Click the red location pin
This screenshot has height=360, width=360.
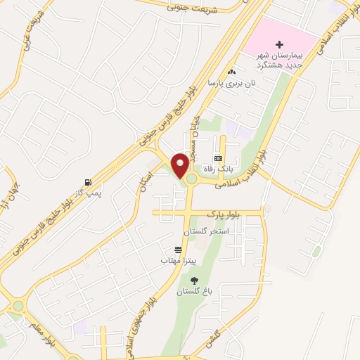180,165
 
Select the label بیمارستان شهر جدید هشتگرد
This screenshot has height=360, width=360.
278,60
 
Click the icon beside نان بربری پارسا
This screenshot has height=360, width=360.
231,71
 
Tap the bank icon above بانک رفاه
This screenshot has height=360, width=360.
218,158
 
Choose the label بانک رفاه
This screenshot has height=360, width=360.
218,169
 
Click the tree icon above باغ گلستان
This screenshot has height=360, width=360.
195,281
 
